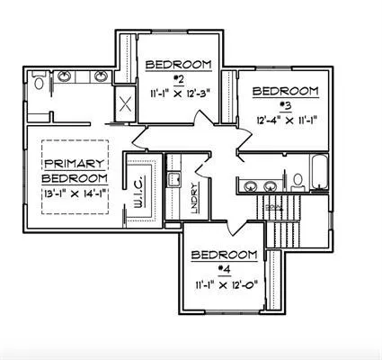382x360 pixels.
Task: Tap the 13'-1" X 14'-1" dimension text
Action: click(75, 192)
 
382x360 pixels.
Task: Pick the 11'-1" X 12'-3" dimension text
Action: click(178, 93)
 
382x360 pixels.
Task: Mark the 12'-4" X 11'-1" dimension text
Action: click(287, 118)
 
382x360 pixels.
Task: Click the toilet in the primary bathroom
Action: click(38, 83)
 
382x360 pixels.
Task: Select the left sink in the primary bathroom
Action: click(66, 77)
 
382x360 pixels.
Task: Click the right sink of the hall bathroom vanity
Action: click(270, 186)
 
